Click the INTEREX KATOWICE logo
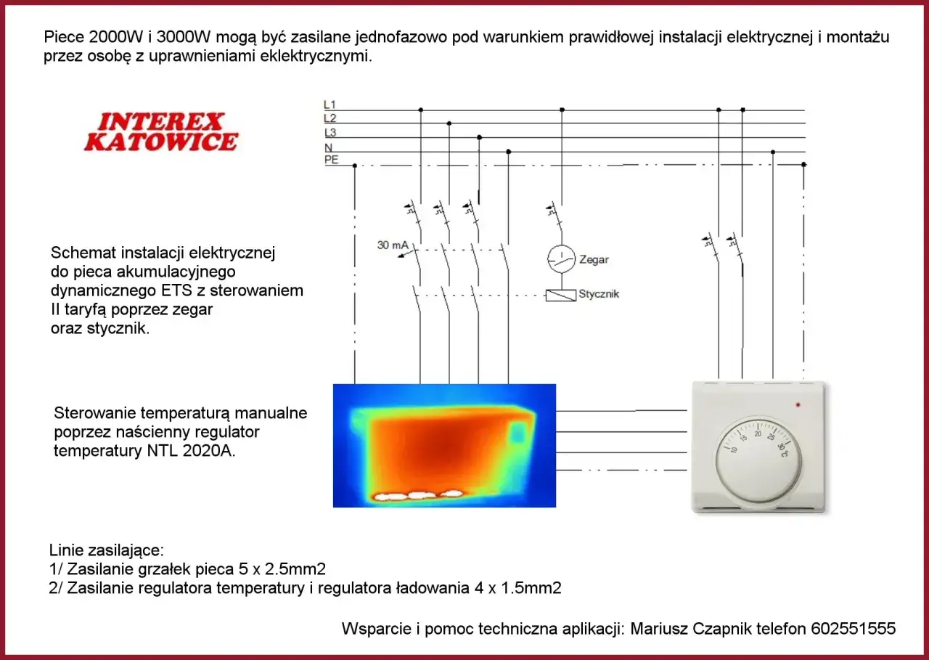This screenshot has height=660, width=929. click(160, 131)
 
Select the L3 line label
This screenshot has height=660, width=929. click(330, 133)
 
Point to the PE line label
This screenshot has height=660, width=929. click(331, 160)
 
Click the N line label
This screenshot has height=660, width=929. click(328, 147)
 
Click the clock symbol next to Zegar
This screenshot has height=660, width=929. click(560, 259)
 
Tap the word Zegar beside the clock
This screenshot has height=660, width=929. click(594, 259)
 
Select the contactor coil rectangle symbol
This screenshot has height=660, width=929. click(560, 295)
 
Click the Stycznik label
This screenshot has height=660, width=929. click(599, 294)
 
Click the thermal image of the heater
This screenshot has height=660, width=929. click(444, 445)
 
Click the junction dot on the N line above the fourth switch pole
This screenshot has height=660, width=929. click(508, 152)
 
